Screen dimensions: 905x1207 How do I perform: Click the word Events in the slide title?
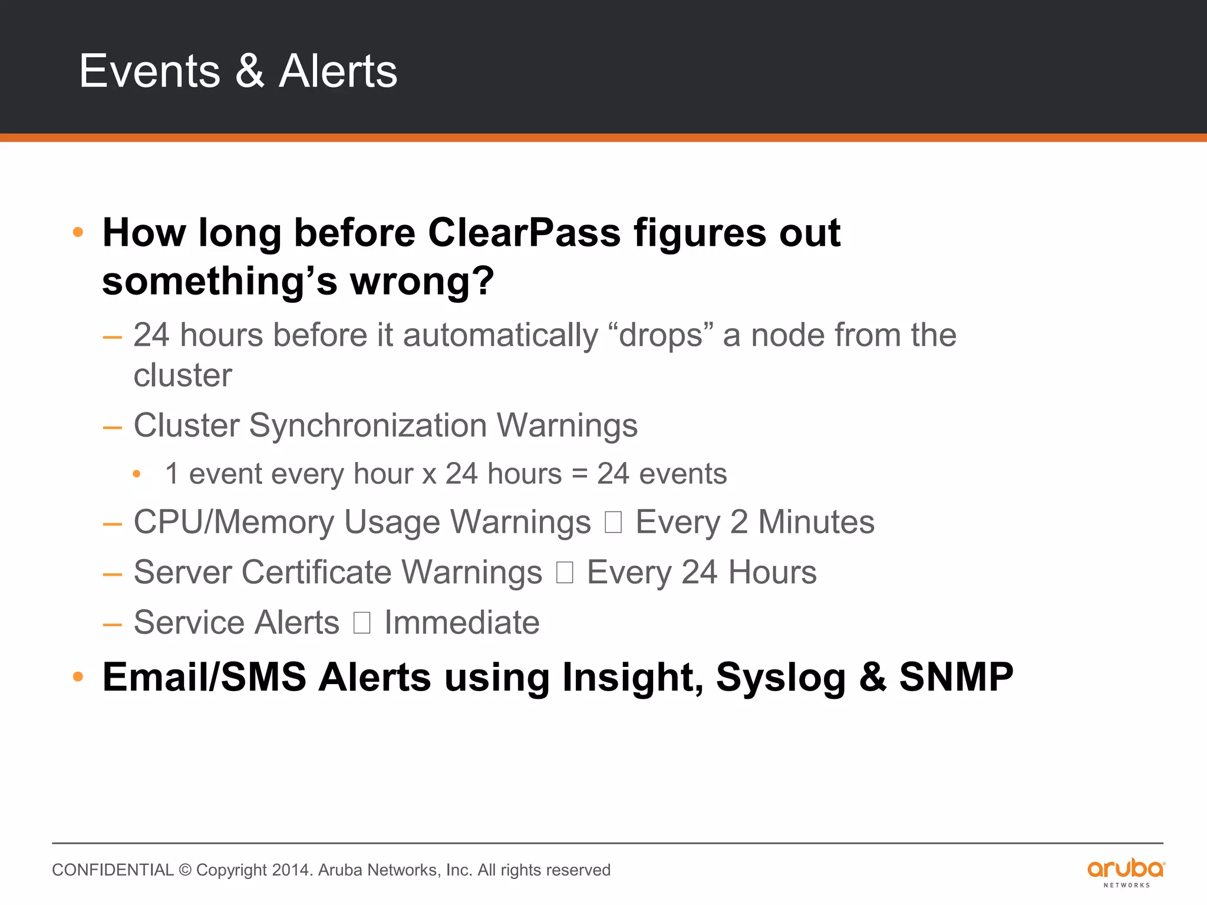coord(150,71)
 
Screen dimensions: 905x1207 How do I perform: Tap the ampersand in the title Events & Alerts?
coord(250,71)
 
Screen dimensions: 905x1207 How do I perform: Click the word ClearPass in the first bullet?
coord(524,233)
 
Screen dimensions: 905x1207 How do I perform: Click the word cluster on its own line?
coord(183,376)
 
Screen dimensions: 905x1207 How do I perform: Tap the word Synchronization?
coord(368,425)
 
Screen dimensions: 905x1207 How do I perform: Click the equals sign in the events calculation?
coord(580,474)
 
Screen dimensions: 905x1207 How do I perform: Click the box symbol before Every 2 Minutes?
coord(613,523)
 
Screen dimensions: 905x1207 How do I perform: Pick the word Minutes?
coord(816,523)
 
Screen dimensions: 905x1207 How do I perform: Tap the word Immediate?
coord(461,623)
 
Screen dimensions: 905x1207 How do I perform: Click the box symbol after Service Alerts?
coord(362,623)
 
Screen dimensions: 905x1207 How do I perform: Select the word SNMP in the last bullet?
coord(956,677)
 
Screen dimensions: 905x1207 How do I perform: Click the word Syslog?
coord(780,678)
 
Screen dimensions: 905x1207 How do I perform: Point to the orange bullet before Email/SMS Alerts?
coord(78,677)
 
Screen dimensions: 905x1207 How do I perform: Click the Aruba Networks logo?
coord(1126,873)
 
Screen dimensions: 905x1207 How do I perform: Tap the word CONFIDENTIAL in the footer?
coord(113,870)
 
